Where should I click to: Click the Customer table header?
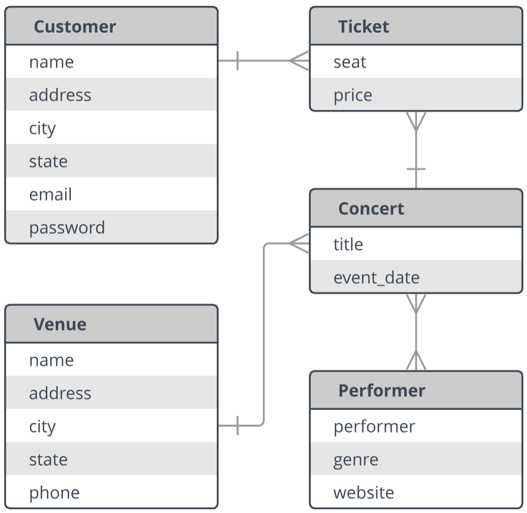(x=75, y=27)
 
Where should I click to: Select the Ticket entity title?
(x=364, y=27)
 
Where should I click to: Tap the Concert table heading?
(x=371, y=209)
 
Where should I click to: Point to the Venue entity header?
(x=60, y=324)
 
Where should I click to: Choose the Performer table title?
(x=382, y=391)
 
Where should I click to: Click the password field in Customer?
(x=67, y=228)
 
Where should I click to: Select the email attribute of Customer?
(x=50, y=194)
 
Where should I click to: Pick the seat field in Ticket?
(x=350, y=62)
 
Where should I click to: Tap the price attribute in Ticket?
(x=353, y=96)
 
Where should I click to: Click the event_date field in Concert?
(x=376, y=278)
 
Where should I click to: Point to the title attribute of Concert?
(x=348, y=244)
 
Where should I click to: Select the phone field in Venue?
(x=55, y=493)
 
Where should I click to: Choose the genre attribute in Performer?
(x=356, y=460)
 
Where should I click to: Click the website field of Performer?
(x=364, y=493)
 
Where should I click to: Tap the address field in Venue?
(x=60, y=393)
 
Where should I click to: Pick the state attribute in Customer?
(x=48, y=161)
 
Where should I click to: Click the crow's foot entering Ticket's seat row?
(x=299, y=60)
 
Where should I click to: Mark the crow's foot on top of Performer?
(x=416, y=360)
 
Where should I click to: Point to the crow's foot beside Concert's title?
(x=299, y=243)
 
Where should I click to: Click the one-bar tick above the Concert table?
(x=416, y=169)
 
